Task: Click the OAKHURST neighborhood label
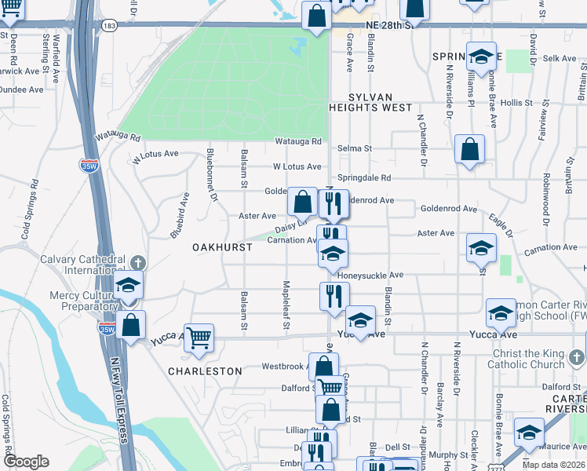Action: tap(223, 247)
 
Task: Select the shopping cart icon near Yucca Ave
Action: tap(199, 338)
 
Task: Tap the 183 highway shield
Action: tap(110, 26)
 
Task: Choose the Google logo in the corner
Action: tap(27, 462)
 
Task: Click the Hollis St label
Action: tap(516, 103)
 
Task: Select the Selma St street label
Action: tap(354, 148)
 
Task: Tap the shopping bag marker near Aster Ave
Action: tap(303, 203)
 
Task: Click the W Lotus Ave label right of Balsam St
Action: tap(297, 167)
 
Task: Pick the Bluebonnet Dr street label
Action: tap(210, 174)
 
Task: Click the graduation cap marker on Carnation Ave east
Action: tap(481, 248)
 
